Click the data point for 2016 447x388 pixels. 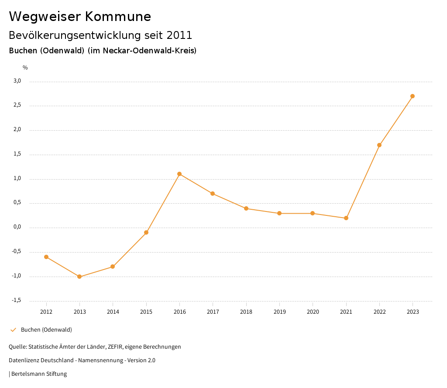(179, 174)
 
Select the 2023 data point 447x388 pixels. (413, 96)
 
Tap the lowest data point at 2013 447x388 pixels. (79, 277)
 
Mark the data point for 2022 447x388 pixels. (379, 145)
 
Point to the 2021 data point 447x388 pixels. (346, 218)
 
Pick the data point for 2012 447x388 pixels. (46, 257)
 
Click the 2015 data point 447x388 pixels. (146, 232)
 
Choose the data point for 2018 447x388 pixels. (246, 208)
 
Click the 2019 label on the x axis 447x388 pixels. (279, 312)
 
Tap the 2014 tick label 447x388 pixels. (113, 312)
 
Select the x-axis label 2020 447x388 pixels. (313, 312)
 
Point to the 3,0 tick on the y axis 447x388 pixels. (17, 81)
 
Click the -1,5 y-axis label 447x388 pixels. (16, 300)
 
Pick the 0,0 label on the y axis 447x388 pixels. (17, 227)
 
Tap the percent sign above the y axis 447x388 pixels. (25, 68)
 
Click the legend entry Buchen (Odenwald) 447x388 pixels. (46, 329)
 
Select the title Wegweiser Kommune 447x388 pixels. (80, 17)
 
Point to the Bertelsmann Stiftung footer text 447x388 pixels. (39, 374)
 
